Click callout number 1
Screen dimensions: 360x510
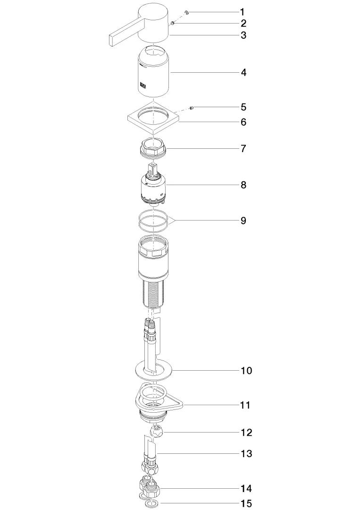click(242, 12)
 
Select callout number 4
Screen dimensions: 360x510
click(243, 73)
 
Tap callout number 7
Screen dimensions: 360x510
click(243, 149)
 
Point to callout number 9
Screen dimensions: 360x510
click(243, 221)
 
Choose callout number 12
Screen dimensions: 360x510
click(246, 433)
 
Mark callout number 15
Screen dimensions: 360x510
click(246, 504)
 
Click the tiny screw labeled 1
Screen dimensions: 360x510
click(187, 12)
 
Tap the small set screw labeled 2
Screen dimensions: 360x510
click(173, 23)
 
